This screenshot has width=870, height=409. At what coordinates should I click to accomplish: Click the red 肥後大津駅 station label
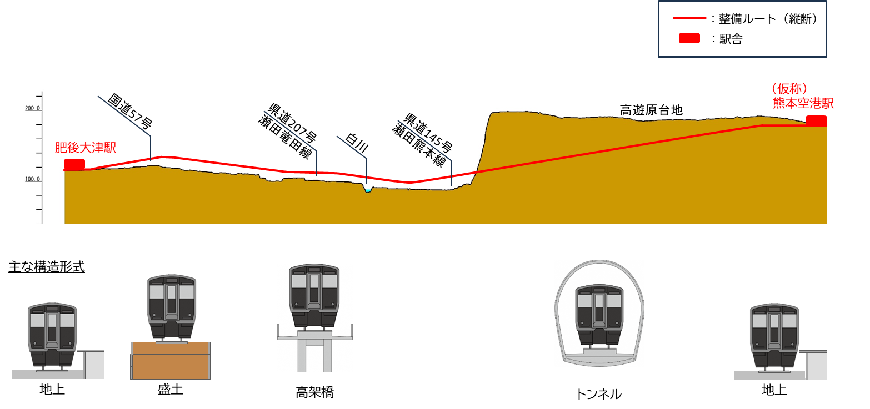[85, 148]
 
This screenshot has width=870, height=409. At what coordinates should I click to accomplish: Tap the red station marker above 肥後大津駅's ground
[74, 164]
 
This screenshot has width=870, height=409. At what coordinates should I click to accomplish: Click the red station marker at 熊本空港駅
[816, 120]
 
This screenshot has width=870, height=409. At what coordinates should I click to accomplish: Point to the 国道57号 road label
[129, 111]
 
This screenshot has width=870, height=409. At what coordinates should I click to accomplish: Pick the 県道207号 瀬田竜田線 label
[288, 131]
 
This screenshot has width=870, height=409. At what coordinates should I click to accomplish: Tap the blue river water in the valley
[368, 190]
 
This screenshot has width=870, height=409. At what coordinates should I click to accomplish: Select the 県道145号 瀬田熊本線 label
[422, 139]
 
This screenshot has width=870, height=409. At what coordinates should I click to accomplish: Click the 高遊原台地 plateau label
[651, 110]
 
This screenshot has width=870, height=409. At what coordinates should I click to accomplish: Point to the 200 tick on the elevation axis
[32, 109]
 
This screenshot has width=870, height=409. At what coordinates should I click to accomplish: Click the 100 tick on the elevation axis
[32, 180]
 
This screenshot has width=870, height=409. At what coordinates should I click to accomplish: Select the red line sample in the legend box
[689, 18]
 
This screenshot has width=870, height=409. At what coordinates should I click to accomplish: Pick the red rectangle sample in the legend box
[689, 38]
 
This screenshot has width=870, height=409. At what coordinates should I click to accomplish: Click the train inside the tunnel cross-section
[599, 315]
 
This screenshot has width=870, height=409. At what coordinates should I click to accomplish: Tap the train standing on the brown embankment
[172, 307]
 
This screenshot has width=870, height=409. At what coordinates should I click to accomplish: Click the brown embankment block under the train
[170, 361]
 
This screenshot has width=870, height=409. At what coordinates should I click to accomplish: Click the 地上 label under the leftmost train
[52, 387]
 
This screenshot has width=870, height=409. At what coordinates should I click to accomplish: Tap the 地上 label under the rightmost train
[774, 388]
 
